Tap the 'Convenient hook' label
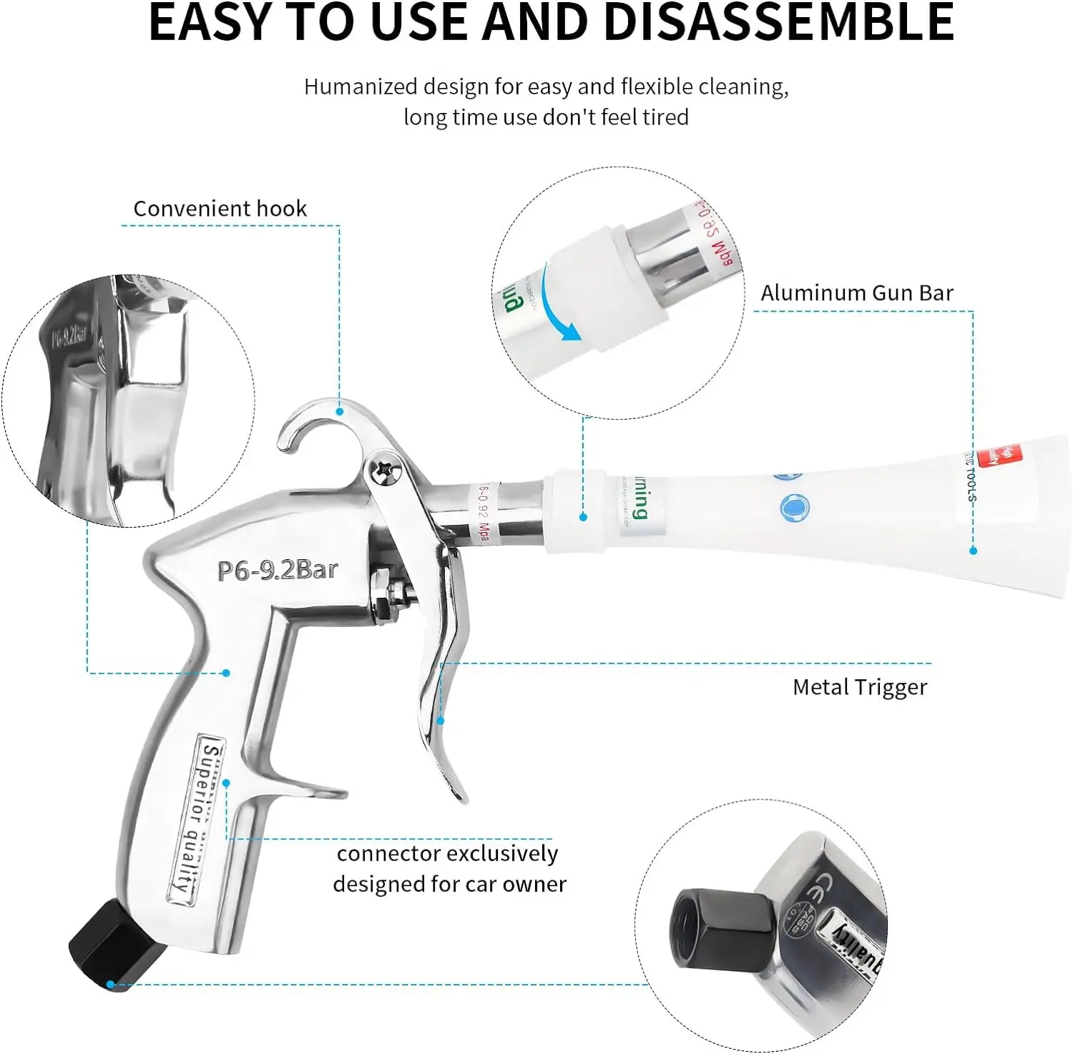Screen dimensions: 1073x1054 (x=220, y=208)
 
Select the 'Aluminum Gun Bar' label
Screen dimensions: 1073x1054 (x=856, y=292)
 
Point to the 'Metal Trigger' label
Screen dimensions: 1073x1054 (x=859, y=687)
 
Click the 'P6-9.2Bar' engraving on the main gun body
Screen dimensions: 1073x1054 (x=278, y=570)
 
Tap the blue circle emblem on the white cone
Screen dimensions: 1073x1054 (x=793, y=508)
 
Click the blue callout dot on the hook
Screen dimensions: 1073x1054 (x=340, y=411)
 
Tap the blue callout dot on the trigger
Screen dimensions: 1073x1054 (x=441, y=720)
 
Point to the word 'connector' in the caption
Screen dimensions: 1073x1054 (x=388, y=854)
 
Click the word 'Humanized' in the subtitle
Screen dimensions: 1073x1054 (x=361, y=87)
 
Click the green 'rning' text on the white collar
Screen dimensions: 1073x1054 (x=639, y=498)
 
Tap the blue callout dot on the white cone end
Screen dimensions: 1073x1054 (x=973, y=551)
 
